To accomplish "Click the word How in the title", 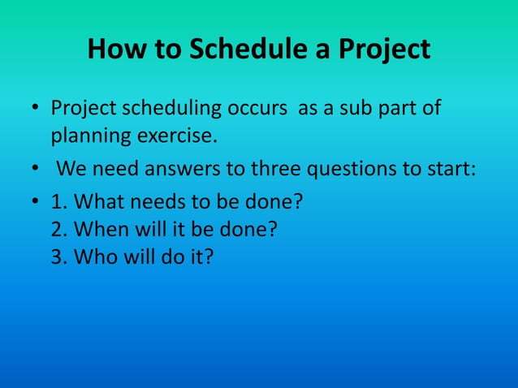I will pyautogui.click(x=116, y=50).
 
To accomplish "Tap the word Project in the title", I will pyautogui.click(x=382, y=50).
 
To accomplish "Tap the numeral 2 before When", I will pyautogui.click(x=58, y=230).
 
